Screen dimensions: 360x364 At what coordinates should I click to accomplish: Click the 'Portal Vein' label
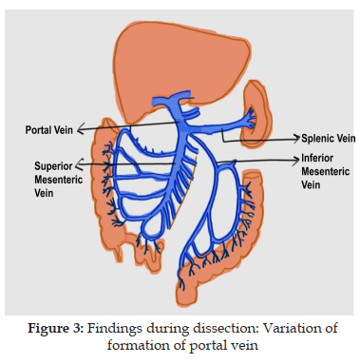pos(49,130)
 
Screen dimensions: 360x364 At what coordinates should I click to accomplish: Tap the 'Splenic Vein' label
pos(328,139)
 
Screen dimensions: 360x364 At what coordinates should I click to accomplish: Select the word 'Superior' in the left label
pos(53,166)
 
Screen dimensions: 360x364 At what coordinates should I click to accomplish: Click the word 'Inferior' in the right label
pos(317,158)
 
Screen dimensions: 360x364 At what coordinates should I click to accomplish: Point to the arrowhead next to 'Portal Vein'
pos(81,129)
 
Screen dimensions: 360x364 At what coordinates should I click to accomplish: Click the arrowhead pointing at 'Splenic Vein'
pos(296,138)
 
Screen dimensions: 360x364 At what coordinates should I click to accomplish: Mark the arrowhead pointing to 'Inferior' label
pos(295,161)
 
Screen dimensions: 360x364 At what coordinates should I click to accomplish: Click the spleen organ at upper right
pos(256,113)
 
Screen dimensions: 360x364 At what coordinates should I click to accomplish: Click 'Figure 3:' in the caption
pos(55,328)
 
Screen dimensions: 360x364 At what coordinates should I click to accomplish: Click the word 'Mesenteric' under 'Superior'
pos(59,180)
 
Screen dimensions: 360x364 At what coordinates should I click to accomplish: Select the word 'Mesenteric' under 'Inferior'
pos(326,171)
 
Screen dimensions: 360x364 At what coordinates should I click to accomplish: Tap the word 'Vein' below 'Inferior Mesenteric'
pos(311,184)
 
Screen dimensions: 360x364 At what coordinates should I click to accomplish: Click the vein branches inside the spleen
pos(251,119)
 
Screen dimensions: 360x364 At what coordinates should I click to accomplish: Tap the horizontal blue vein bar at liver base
pos(172,100)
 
